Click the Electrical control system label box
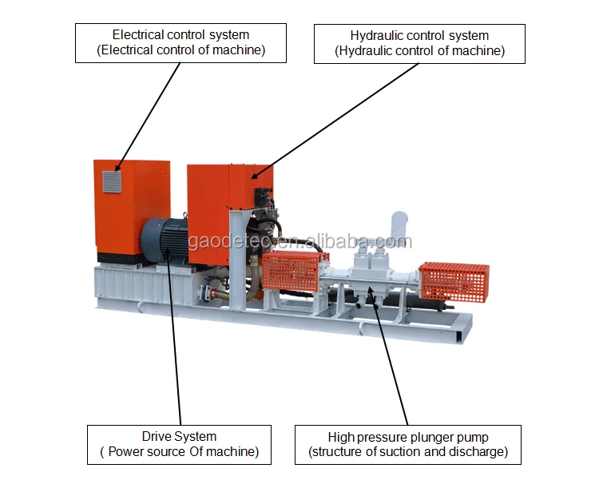180,43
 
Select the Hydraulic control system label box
419,43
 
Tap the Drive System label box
179,444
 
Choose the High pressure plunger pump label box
407,444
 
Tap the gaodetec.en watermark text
299,242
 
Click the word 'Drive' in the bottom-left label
157,437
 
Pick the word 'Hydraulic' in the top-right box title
375,35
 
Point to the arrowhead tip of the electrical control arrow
117,170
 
